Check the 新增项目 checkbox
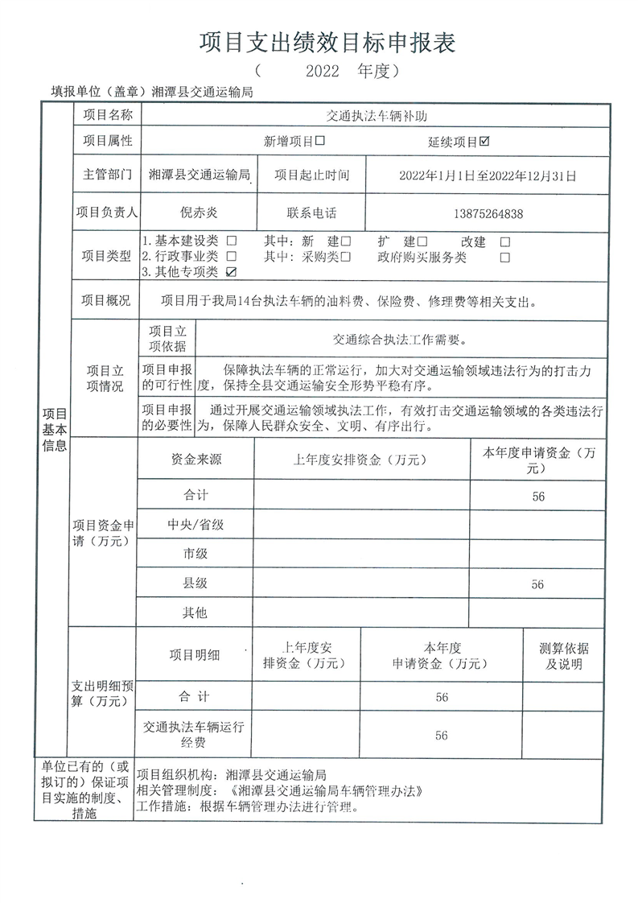point(320,142)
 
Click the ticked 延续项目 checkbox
point(484,142)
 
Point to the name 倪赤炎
point(199,213)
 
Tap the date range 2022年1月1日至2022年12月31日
point(487,175)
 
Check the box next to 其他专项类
point(232,272)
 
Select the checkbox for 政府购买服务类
point(504,258)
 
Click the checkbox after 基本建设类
point(232,241)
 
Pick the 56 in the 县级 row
point(537,584)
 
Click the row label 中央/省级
point(196,525)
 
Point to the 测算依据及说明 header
point(563,657)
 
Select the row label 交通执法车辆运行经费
point(193,734)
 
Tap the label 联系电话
point(311,213)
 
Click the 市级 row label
point(196,554)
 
